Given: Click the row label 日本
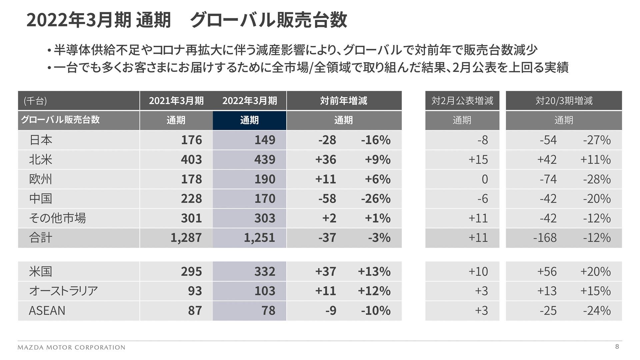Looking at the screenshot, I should click(41, 140).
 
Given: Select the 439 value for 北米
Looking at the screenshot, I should click(265, 160).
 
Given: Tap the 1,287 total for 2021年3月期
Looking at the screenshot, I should click(186, 238).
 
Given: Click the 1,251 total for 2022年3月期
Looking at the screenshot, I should click(259, 238).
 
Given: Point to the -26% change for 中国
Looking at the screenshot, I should click(376, 199).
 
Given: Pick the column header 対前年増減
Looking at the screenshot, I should click(344, 101).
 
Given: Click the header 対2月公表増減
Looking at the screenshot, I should click(462, 101).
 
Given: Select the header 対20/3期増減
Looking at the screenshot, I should click(564, 101).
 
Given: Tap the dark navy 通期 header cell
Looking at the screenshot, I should click(249, 120).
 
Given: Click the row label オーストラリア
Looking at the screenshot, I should click(63, 291).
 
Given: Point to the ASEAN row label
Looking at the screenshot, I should click(47, 311).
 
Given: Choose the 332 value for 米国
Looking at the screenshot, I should click(265, 271).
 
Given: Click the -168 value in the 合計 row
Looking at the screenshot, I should click(545, 238).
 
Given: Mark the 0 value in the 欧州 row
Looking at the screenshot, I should click(485, 179).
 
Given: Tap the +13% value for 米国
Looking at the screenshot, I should click(374, 271).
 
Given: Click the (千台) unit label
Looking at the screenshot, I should click(35, 101).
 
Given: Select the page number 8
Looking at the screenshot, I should click(617, 347).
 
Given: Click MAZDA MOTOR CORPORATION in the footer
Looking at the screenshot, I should click(71, 347).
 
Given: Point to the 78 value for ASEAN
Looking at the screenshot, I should click(268, 311).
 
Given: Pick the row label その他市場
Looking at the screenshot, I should click(57, 218).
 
